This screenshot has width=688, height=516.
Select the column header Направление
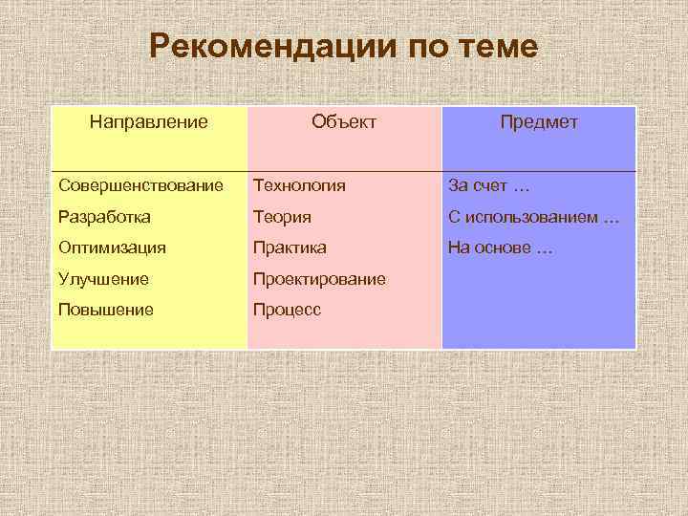[149, 122]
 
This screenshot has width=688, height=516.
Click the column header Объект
[344, 122]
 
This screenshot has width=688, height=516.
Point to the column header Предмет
[538, 122]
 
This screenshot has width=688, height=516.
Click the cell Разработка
[104, 217]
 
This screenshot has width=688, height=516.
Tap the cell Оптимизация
[112, 247]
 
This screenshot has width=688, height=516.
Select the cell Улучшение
[103, 279]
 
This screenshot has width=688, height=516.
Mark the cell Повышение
[105, 310]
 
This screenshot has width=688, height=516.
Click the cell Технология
[299, 184]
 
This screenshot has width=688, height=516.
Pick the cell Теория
[282, 217]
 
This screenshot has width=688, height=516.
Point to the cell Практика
[290, 247]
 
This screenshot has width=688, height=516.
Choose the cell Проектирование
[319, 279]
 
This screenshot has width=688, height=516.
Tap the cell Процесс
[287, 310]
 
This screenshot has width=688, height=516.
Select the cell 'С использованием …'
[533, 217]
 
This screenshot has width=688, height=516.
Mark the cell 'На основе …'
[500, 247]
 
